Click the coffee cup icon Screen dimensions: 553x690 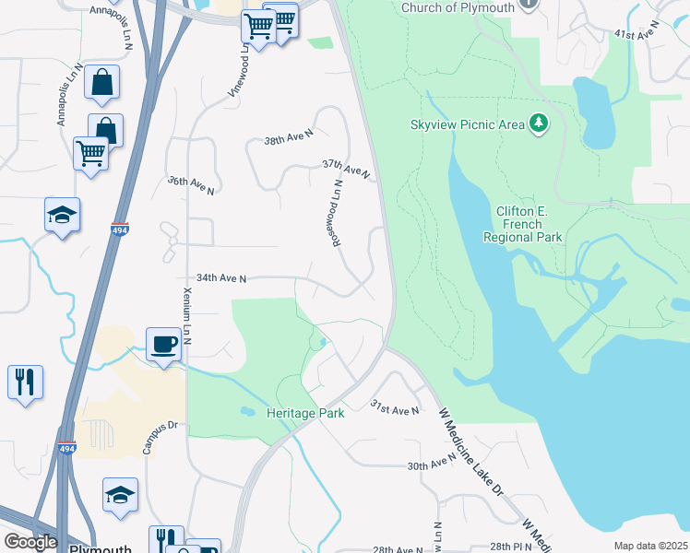point(164,345)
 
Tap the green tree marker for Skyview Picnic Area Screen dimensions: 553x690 point(539,124)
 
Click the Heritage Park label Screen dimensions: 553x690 point(305,413)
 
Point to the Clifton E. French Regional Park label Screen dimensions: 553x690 point(523,224)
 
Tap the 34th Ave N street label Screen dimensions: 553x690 point(221,277)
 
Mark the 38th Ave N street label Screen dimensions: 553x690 point(289,139)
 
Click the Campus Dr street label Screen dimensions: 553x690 point(159,440)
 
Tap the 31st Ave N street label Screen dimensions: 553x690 point(395,407)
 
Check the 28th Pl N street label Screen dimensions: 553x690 point(513,547)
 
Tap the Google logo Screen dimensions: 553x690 point(30,542)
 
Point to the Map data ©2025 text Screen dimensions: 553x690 point(650,546)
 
